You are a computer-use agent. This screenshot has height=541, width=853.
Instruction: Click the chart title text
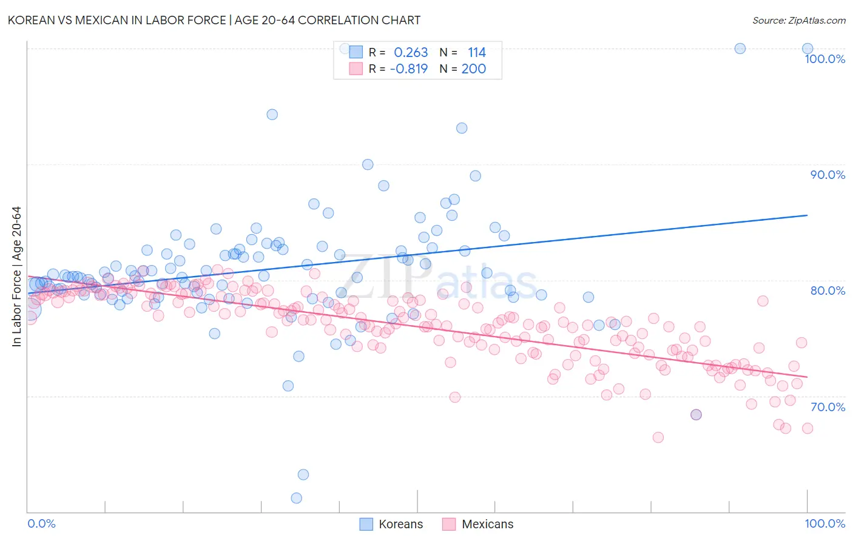pos(214,20)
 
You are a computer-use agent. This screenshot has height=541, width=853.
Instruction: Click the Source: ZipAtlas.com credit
pos(798,20)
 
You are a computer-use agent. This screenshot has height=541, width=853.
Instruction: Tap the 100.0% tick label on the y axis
pos(824,59)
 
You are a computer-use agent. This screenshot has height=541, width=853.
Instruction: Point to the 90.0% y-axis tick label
pos(828,175)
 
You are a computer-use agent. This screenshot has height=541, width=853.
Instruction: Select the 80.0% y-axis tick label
pos(828,291)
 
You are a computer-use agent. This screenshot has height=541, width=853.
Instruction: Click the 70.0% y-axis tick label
pos(828,407)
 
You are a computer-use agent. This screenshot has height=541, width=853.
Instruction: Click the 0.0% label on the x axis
pos(41,523)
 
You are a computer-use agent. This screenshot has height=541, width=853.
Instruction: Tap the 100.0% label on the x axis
pos(824,523)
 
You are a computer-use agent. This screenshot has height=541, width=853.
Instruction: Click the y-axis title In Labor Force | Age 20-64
pos(16,277)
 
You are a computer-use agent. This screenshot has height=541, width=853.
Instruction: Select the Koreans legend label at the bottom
pos(400,524)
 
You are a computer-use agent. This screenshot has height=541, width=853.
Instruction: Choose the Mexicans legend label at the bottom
pos(487,524)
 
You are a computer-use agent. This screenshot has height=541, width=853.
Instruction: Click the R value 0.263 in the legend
pos(411,53)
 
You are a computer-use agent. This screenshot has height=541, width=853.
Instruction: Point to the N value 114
pos(476,53)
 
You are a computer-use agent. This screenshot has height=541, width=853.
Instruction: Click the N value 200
pos(473,69)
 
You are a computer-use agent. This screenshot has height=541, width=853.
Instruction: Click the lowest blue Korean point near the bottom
pos(297,498)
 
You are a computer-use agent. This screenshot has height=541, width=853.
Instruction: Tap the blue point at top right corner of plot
pos(807,49)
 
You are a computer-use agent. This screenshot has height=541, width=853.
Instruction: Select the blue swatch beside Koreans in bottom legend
pos(366,524)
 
